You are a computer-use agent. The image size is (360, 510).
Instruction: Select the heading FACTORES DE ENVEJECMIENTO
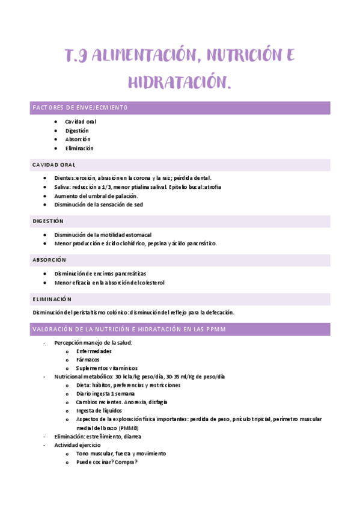click(80, 108)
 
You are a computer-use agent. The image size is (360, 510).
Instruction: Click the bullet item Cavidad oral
click(81, 121)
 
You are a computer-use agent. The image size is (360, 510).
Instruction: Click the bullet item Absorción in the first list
click(78, 139)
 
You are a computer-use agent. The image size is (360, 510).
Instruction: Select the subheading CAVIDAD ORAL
click(54, 165)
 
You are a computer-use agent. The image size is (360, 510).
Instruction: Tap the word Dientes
click(65, 178)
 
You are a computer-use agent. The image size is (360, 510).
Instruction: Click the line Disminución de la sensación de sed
click(99, 204)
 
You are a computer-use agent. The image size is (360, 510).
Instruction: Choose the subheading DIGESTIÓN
click(48, 221)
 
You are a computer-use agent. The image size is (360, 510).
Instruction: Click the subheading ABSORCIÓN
click(49, 260)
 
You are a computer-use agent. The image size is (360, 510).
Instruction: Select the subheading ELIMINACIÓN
click(52, 299)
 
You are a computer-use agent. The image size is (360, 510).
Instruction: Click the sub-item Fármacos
click(88, 360)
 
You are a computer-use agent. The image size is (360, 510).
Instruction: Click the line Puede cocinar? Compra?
click(106, 462)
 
